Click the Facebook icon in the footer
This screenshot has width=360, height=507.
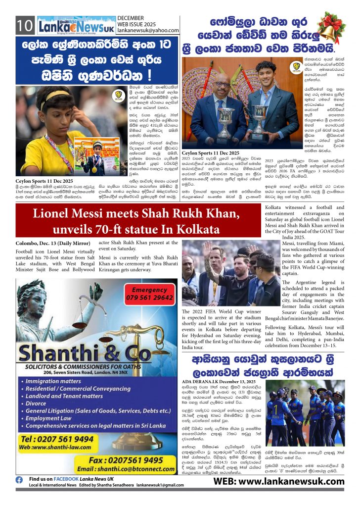pyautogui.click(x=19, y=480)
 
